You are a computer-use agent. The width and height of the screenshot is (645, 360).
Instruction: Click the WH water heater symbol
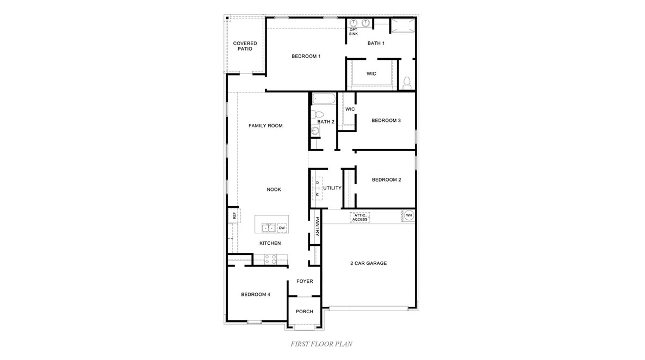[408, 216]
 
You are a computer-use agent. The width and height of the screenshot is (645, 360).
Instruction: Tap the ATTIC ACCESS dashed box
[359, 217]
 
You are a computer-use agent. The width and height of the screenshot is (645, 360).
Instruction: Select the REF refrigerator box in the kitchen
[234, 216]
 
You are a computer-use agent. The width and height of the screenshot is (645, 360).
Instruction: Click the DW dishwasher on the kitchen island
[282, 228]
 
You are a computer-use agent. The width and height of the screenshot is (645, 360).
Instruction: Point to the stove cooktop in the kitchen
[270, 259]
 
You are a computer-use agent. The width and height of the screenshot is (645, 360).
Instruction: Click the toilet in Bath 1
[406, 82]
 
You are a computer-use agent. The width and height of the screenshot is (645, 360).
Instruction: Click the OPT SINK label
[353, 32]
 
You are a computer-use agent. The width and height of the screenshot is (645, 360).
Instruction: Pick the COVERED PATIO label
[245, 46]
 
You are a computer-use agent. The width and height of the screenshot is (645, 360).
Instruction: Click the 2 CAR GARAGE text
[368, 264]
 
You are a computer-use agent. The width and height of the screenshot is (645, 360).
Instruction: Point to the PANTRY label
[317, 226]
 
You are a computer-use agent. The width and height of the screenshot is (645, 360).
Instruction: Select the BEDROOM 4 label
[256, 295]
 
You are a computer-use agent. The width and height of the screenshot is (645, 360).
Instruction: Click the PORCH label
[305, 312]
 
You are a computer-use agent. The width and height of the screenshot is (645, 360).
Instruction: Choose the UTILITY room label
[332, 188]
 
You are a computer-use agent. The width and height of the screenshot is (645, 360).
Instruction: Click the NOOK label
[274, 190]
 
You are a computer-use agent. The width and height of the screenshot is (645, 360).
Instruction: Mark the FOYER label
[305, 281]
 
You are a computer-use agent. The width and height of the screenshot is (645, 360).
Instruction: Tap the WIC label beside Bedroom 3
[350, 109]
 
